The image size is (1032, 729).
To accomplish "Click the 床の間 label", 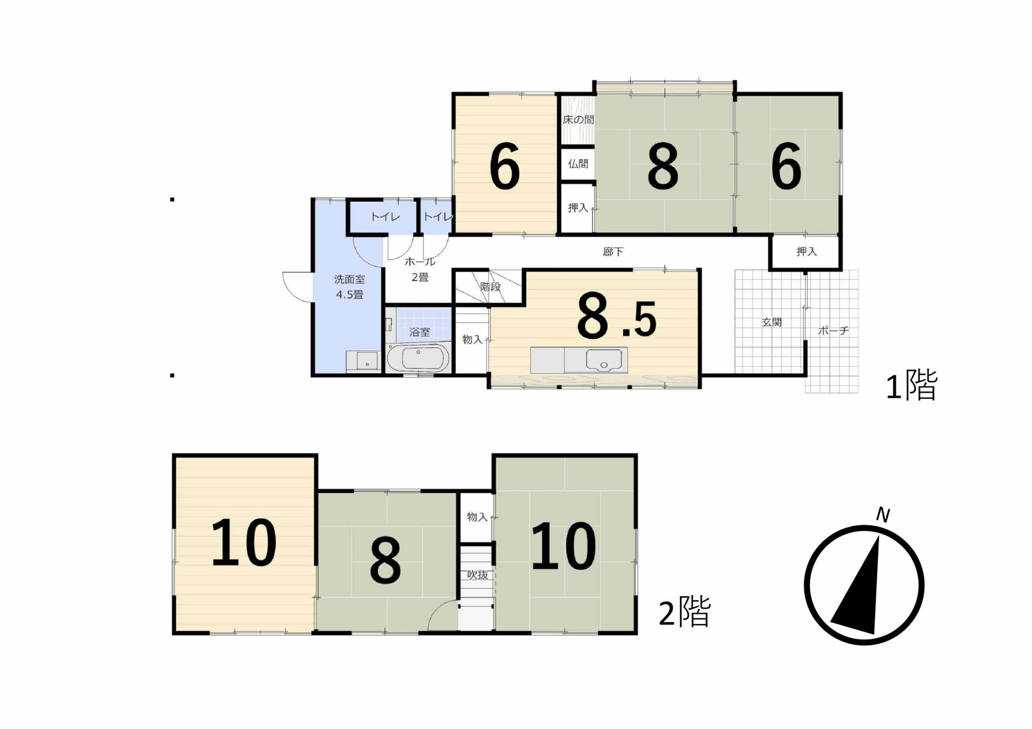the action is tap(578, 120).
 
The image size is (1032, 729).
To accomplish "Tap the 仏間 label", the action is tap(578, 164).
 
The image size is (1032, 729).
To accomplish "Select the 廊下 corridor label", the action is tap(613, 251).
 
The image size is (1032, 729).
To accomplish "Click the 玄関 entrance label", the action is tap(771, 322).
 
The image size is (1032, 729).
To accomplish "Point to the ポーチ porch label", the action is tap(833, 330).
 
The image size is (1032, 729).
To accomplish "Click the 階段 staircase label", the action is tap(490, 286).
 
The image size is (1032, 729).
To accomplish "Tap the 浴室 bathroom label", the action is tap(419, 331).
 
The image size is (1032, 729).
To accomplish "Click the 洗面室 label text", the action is tap(349, 279).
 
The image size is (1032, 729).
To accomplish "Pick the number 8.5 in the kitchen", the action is tap(617, 317).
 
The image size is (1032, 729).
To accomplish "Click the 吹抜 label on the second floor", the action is tap(477, 575).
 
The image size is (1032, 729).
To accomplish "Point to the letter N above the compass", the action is tap(882, 515).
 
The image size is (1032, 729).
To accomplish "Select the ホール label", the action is tap(420, 262).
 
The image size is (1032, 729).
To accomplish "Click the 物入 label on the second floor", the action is tap(477, 517).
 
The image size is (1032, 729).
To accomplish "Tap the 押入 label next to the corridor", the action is tap(806, 251).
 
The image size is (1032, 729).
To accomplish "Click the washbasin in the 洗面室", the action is tap(363, 361).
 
